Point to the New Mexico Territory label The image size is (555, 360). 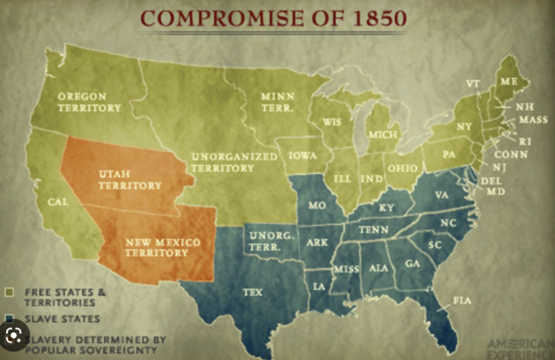point(156,246)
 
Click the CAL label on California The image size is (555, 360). point(59,201)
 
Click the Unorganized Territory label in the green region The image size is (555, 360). point(233,161)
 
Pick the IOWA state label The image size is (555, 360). point(304,156)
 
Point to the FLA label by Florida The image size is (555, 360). point(461,300)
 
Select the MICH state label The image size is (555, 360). point(383,134)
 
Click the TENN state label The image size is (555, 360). point(374,229)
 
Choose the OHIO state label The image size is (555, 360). point(402,167)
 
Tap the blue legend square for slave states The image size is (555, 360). point(8,318)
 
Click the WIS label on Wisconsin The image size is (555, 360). point(332,122)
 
